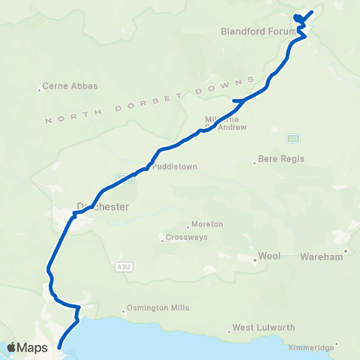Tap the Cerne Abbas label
pos(71,86)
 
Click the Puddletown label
pos(174,167)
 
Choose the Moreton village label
pos(207,224)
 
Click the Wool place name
pos(269,256)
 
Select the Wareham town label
pos(320,256)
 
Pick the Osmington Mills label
pos(158,308)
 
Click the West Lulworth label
pos(263,328)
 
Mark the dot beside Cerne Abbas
pos(40,90)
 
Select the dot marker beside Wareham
pos(346,251)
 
